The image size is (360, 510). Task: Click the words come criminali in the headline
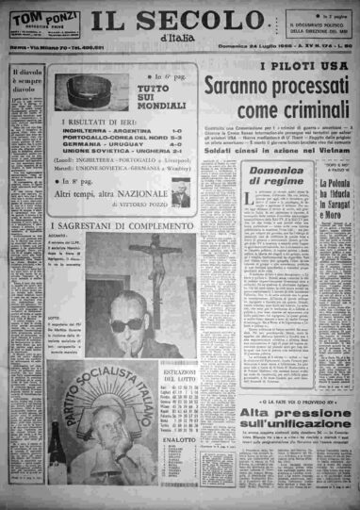click(280, 114)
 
